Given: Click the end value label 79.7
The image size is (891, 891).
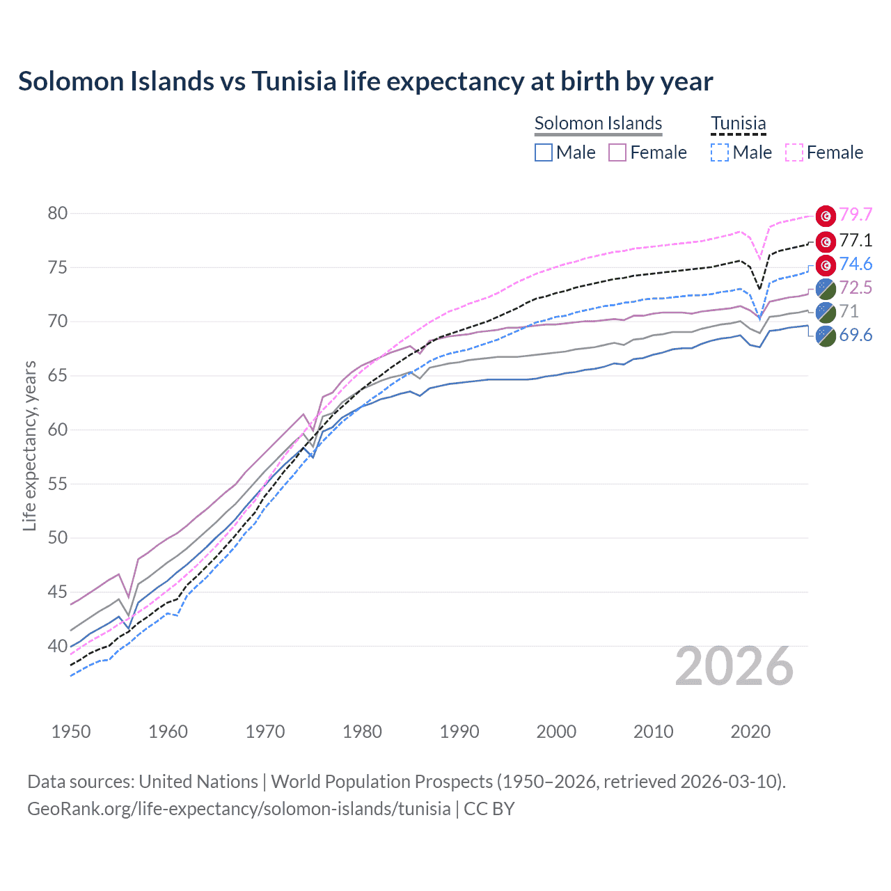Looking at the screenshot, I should click(x=855, y=215).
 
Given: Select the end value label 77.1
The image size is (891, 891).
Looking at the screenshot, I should click(x=855, y=241).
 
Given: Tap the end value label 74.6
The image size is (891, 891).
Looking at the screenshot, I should click(x=855, y=265).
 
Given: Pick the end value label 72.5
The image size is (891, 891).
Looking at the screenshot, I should click(x=855, y=288).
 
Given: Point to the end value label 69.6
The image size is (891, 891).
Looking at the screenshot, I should click(x=855, y=336).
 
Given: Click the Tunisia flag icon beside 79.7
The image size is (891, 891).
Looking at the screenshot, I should click(x=826, y=216).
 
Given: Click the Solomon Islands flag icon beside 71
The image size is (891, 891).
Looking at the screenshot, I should click(x=826, y=312).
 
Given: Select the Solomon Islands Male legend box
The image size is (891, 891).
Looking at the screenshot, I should click(x=544, y=152).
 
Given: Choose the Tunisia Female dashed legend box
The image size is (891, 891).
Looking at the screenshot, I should click(x=794, y=152).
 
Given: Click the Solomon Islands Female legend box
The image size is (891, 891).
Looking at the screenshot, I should click(x=618, y=152).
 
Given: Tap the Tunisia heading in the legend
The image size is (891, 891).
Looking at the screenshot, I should click(x=738, y=124).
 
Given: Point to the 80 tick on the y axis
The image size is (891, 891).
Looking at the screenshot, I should click(x=58, y=214).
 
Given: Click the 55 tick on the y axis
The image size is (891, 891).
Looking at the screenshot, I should click(x=58, y=484).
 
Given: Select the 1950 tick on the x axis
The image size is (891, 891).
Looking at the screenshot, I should click(x=71, y=732).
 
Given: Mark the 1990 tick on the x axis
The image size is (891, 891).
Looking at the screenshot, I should click(x=459, y=732).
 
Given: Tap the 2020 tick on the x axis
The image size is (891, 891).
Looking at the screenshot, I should click(x=750, y=732).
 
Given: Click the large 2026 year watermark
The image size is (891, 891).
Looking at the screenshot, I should click(x=734, y=667).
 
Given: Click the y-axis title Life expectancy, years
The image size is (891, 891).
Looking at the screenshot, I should click(x=29, y=445).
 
